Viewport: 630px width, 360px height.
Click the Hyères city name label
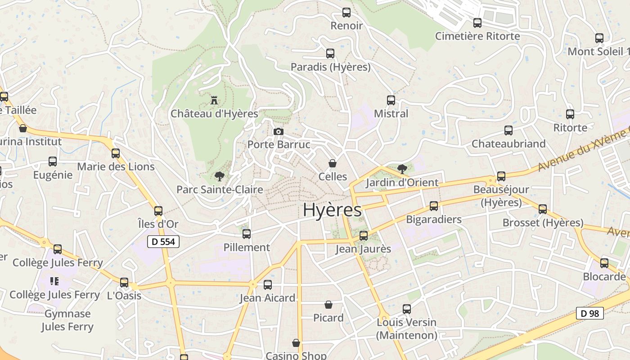pos(332,210)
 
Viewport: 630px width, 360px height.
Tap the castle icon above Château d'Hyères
pos(214,99)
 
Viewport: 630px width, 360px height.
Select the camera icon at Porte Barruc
pos(279,131)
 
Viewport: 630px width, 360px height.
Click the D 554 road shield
pos(163,242)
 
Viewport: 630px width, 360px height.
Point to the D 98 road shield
pos(589,313)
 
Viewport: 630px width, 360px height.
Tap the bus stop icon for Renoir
pos(346,13)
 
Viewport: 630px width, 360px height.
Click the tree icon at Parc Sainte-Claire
pos(219,176)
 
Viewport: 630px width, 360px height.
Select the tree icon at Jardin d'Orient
pos(402,169)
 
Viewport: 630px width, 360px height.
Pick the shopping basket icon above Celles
pos(333,163)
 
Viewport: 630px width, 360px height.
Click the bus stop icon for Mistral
pos(391,100)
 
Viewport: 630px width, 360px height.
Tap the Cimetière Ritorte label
pos(477,36)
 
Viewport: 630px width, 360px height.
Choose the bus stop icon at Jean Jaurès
pos(363,235)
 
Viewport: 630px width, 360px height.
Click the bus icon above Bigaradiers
pos(433,206)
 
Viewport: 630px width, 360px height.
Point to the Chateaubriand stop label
pos(508,144)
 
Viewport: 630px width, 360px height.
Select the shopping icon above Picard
pos(328,305)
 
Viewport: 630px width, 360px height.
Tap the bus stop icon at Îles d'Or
pos(158,211)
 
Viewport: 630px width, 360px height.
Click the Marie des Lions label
pos(116,166)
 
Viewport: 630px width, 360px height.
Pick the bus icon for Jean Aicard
pos(268,284)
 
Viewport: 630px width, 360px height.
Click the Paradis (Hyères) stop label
pos(330,67)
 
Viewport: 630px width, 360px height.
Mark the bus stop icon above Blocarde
pos(604,263)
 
